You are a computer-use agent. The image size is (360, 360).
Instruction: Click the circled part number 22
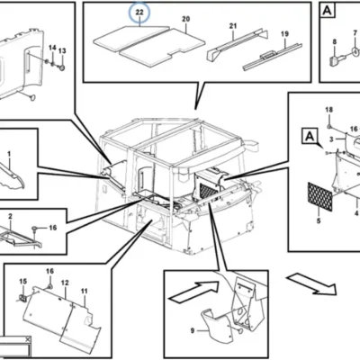(139, 13)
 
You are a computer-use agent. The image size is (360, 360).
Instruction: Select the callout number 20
(186, 19)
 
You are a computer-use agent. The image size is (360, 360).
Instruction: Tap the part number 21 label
(233, 26)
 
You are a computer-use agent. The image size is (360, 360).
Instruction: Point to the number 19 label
(284, 34)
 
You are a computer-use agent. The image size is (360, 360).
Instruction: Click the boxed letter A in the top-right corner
(328, 11)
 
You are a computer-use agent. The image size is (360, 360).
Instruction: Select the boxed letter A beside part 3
(310, 136)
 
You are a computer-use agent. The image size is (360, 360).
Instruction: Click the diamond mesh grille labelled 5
(320, 197)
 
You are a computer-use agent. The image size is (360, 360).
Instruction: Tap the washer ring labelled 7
(355, 51)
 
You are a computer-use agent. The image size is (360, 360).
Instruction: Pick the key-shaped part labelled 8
(336, 59)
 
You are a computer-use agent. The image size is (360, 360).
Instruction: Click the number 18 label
(329, 110)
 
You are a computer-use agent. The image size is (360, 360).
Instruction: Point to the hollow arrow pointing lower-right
(311, 284)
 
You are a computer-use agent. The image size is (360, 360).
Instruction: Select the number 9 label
(193, 330)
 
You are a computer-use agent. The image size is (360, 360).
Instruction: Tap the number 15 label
(23, 282)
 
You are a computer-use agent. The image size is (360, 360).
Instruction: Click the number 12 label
(65, 283)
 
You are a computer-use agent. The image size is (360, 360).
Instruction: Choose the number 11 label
(84, 291)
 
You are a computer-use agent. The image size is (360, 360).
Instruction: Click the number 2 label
(10, 216)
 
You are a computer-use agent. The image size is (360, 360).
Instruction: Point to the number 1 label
(9, 154)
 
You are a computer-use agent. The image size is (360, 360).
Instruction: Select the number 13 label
(62, 51)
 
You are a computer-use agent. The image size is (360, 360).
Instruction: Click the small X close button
(28, 339)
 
